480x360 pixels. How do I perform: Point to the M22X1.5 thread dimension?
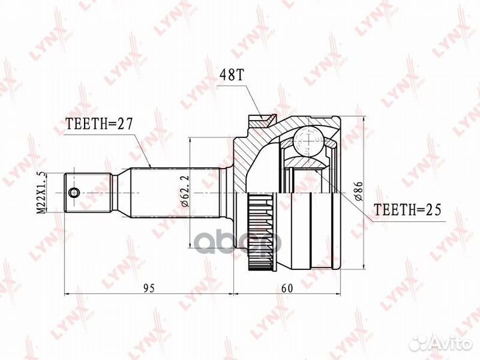coord(41,192)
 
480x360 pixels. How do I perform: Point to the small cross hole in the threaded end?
coord(74,193)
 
